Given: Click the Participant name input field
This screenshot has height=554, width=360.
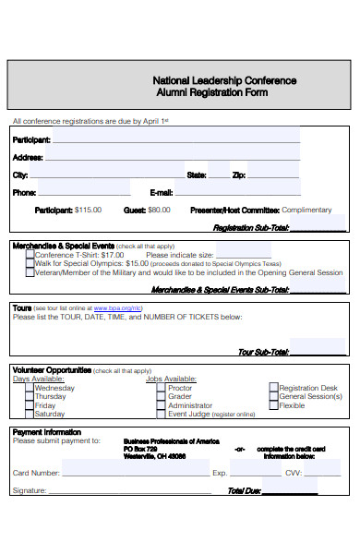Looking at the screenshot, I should click(175, 139).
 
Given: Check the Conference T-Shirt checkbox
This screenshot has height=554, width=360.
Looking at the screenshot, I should click(30, 255).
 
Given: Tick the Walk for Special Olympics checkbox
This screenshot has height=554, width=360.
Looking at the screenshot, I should click(30, 264).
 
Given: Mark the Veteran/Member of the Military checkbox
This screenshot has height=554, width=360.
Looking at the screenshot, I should click(30, 273).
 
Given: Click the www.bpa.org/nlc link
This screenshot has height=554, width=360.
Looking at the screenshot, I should click(117, 307).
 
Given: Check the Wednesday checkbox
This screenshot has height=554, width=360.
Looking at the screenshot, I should click(29, 389).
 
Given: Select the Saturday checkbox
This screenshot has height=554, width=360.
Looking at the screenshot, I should click(29, 415).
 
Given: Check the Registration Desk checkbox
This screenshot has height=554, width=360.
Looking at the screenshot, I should click(273, 389).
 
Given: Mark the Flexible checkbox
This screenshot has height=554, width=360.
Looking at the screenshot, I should click(273, 405).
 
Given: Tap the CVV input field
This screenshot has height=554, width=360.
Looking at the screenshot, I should click(322, 473).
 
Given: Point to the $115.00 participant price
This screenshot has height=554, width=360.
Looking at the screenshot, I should click(88, 211).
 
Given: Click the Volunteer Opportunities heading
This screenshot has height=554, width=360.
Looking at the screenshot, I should click(52, 370).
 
